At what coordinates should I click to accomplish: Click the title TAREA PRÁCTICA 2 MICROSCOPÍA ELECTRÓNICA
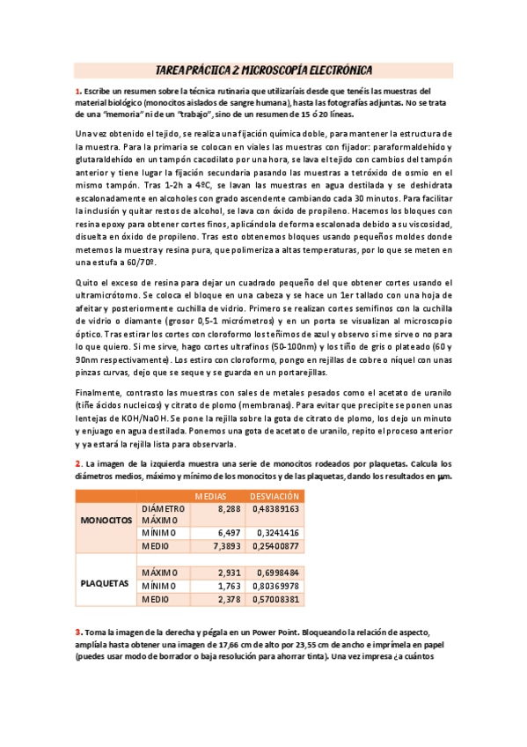click(x=263, y=70)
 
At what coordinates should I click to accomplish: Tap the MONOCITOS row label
click(x=106, y=521)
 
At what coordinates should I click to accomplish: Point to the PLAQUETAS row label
click(x=106, y=583)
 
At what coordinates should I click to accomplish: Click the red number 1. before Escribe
click(x=78, y=91)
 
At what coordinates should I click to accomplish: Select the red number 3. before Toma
click(x=78, y=632)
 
